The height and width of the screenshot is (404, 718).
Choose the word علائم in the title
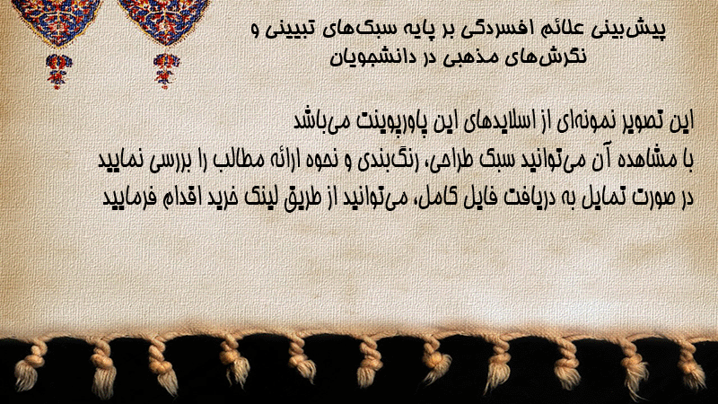pos(556,29)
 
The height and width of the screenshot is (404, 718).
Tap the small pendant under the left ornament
pos(57,71)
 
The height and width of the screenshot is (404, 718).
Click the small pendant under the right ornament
pos(166,71)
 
